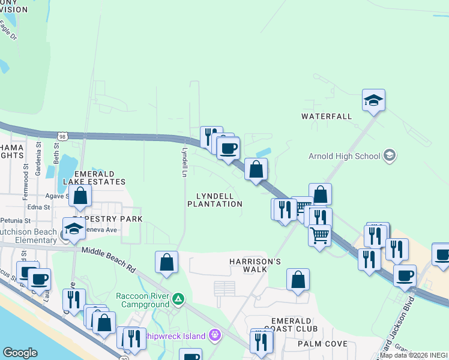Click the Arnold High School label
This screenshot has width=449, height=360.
pyautogui.click(x=344, y=156)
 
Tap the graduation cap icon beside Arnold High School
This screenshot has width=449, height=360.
pyautogui.click(x=390, y=156)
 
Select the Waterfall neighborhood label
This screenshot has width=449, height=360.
pyautogui.click(x=327, y=116)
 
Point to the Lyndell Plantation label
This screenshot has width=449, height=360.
pyautogui.click(x=214, y=200)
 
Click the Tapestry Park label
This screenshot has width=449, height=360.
pyautogui.click(x=108, y=219)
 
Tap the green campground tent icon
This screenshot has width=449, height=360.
pyautogui.click(x=178, y=298)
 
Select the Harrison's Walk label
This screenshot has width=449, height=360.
pyautogui.click(x=255, y=265)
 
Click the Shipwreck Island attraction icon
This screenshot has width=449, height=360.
pyautogui.click(x=214, y=335)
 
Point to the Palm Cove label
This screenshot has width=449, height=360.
pyautogui.click(x=324, y=344)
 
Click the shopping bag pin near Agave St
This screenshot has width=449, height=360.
pyautogui.click(x=80, y=196)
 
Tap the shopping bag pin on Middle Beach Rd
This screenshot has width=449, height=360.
pyautogui.click(x=166, y=262)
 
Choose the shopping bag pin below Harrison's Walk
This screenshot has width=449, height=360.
pyautogui.click(x=298, y=280)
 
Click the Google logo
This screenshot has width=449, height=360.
pyautogui.click(x=20, y=353)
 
